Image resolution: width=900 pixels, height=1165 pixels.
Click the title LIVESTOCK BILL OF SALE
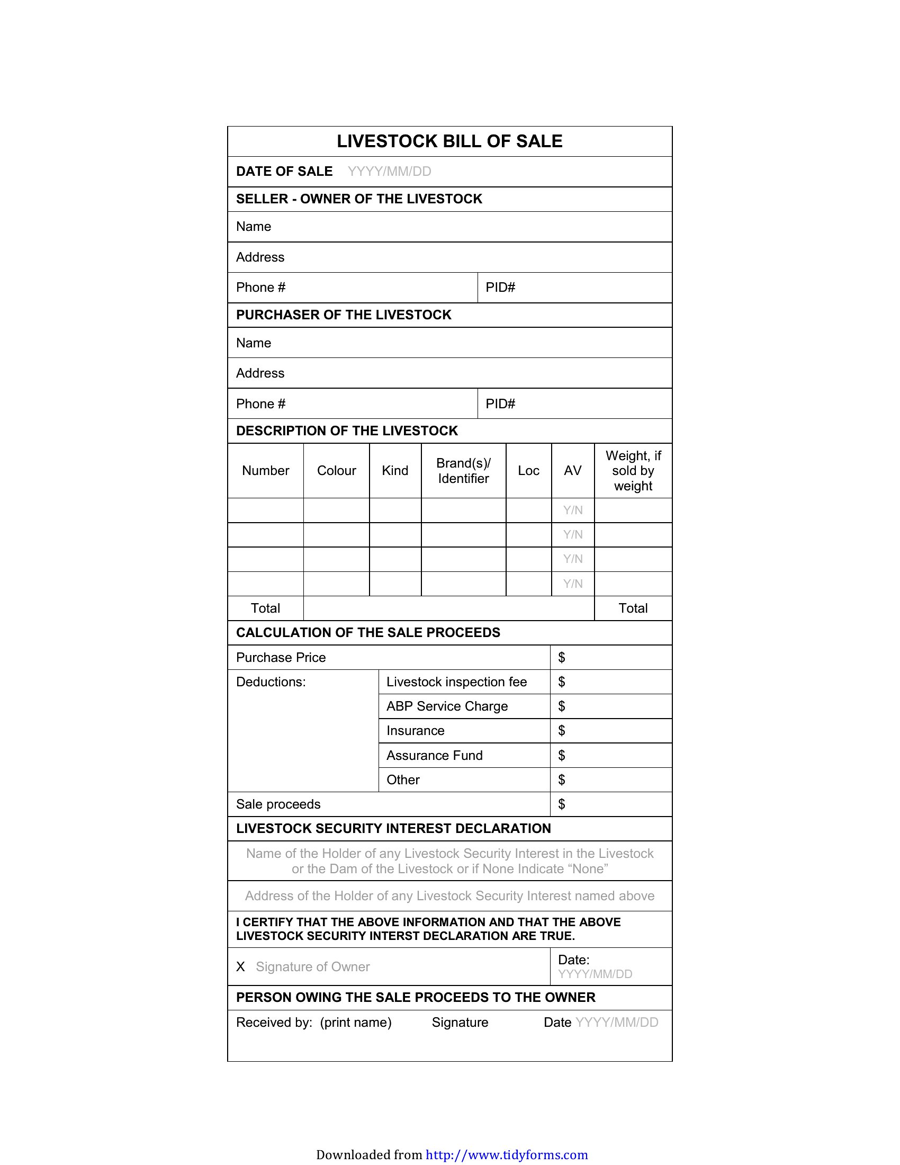tap(449, 141)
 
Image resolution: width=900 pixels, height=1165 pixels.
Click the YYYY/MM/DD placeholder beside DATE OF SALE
tap(389, 171)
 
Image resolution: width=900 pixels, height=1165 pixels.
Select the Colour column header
tap(336, 470)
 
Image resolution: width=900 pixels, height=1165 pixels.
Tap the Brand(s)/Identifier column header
tap(463, 470)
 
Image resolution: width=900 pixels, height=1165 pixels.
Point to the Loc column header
tap(528, 470)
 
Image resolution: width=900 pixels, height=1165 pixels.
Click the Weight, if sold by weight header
tap(633, 470)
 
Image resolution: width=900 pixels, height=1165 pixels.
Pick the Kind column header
tap(395, 470)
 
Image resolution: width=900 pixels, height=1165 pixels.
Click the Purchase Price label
tap(281, 657)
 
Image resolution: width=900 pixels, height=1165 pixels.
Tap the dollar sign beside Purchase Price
tap(561, 657)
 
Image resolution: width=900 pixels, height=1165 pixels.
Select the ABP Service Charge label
tap(447, 706)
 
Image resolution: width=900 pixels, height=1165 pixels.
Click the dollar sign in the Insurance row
tap(561, 731)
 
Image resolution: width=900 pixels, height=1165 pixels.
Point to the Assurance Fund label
tap(435, 755)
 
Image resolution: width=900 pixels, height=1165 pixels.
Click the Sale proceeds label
tap(278, 804)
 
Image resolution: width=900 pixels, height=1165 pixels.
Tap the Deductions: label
tap(271, 682)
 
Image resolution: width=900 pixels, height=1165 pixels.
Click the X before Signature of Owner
tap(240, 966)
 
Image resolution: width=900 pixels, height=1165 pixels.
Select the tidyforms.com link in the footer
tap(507, 1155)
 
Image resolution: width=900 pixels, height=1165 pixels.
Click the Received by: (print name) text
tap(313, 1022)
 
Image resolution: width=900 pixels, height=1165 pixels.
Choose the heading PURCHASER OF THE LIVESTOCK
tap(344, 315)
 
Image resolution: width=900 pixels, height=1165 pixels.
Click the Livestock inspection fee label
tap(456, 682)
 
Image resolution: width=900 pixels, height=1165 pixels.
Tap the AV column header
tap(573, 470)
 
